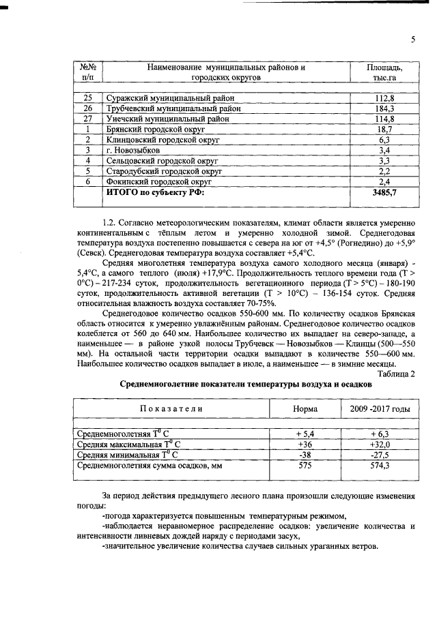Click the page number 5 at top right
pos(413,40)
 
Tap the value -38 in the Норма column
pos(304,454)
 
